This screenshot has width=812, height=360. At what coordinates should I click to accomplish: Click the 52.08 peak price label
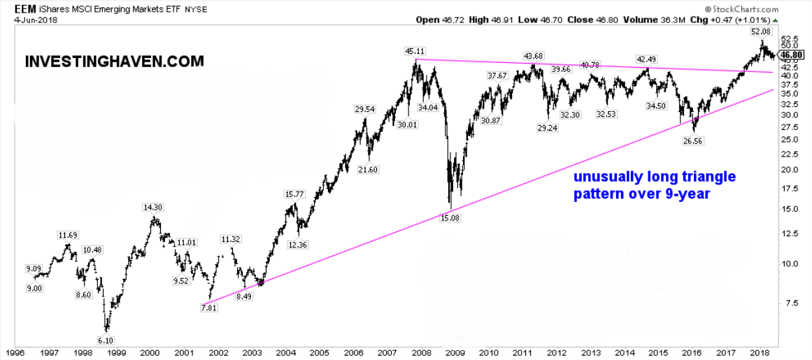click(x=761, y=31)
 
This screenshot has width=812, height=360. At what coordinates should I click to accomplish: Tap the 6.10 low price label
click(x=106, y=340)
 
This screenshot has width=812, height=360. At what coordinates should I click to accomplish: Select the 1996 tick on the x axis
click(x=16, y=353)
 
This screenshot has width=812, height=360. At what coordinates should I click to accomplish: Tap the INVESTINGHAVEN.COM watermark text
click(x=114, y=62)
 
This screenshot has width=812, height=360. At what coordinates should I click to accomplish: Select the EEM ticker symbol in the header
click(x=25, y=8)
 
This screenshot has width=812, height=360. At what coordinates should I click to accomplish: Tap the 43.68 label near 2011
click(x=534, y=56)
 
